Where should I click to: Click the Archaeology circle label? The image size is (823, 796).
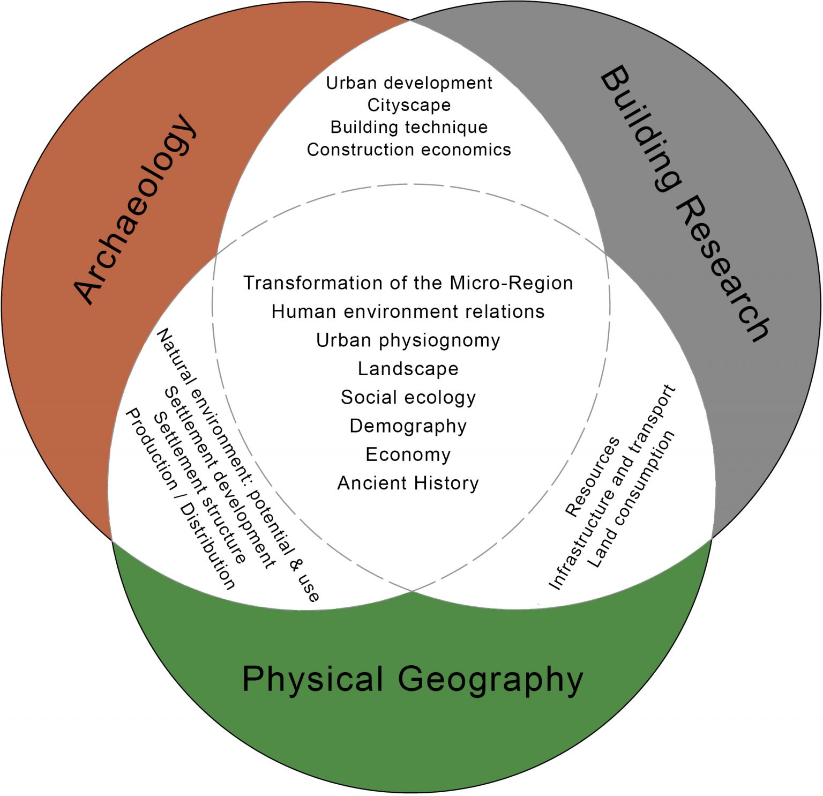coord(134,209)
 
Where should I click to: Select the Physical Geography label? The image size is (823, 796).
coord(413,680)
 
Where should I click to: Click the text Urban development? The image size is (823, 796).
coord(409,83)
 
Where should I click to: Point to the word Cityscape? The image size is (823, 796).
coord(409,105)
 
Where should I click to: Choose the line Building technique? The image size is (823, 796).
coord(409,127)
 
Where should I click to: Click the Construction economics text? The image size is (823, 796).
coord(409,150)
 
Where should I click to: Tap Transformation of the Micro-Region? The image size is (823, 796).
coord(408,283)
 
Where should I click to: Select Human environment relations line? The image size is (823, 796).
coord(408,311)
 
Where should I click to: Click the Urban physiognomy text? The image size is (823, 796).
coord(408,340)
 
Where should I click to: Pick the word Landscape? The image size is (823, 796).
coord(408,369)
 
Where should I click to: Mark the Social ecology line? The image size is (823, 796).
coord(408,397)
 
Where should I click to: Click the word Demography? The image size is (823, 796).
coord(408,426)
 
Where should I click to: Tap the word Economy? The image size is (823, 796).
coord(408,455)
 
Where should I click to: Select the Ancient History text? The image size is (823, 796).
coord(408,483)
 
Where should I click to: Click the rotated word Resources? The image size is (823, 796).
coord(592,477)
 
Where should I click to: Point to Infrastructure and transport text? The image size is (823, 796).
coord(612,487)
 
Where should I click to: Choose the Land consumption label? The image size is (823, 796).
coord(631,499)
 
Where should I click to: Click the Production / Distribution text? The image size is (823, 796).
coord(180,499)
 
